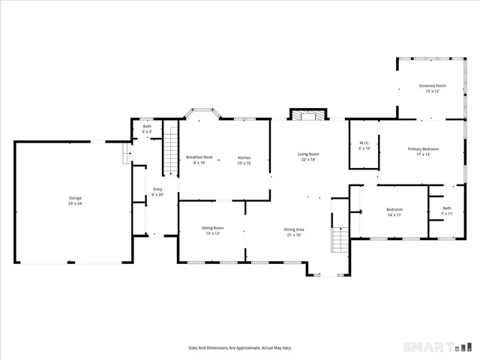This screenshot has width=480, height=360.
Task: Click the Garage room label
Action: [75, 198]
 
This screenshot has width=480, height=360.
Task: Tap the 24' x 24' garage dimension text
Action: [75, 204]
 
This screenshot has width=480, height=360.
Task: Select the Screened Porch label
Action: [432, 85]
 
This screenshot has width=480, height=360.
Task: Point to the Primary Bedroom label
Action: [423, 149]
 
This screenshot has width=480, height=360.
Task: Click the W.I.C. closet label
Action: [364, 142]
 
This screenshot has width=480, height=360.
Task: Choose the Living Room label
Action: [308, 154]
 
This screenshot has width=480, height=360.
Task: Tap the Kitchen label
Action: [244, 157]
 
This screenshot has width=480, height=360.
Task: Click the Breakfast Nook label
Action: [199, 157]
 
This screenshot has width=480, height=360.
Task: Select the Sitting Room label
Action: [212, 227]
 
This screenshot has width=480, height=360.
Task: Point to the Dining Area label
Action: [293, 229]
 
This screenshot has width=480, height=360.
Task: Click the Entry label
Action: [157, 189]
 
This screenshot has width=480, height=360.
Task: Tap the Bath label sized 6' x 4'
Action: [148, 127]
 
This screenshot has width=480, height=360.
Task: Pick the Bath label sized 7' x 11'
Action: [447, 208]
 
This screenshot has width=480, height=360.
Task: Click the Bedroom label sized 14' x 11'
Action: [394, 209]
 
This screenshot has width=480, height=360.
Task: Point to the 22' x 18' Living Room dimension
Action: [308, 160]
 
